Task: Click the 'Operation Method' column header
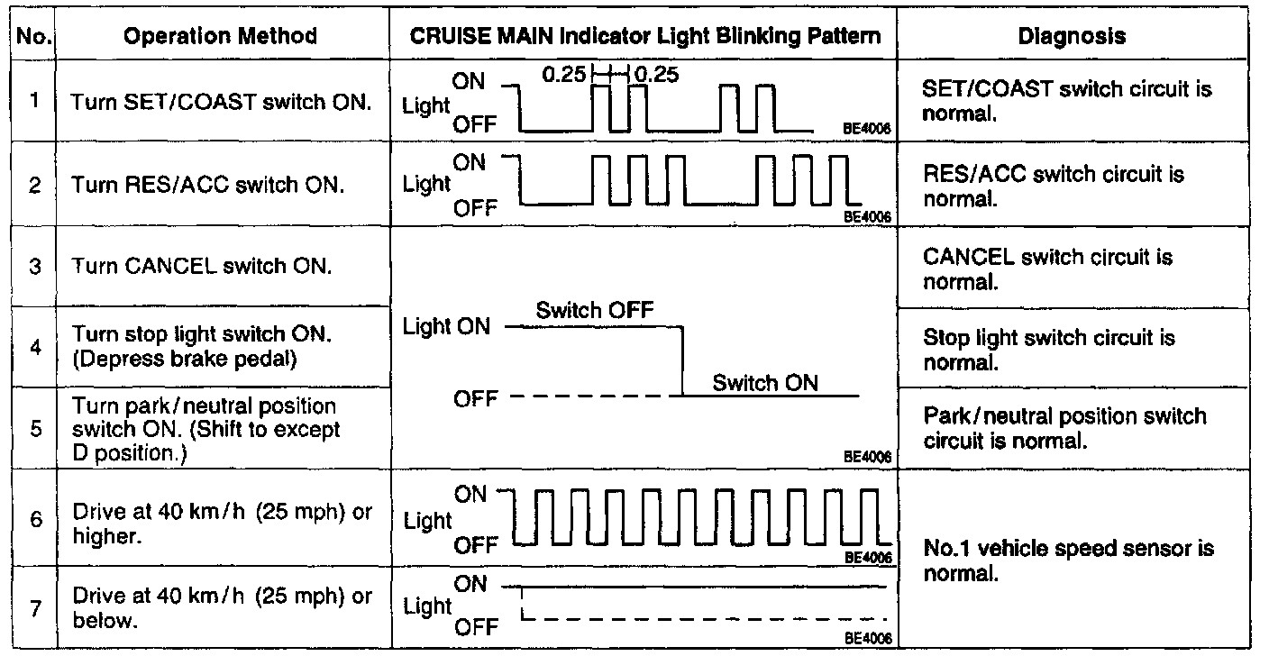click(221, 37)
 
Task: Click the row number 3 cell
click(34, 267)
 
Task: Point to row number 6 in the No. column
click(34, 520)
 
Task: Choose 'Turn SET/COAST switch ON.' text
click(221, 102)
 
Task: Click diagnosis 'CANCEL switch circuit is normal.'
click(1048, 269)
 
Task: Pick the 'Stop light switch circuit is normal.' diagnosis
click(1049, 351)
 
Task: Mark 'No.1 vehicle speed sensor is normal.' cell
click(1069, 560)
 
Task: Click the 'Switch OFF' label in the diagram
click(594, 311)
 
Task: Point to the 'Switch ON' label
click(765, 382)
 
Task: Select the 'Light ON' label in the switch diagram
click(447, 326)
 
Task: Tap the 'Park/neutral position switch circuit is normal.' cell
click(1064, 428)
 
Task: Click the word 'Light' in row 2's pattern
click(426, 184)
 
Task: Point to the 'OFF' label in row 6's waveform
click(475, 544)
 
